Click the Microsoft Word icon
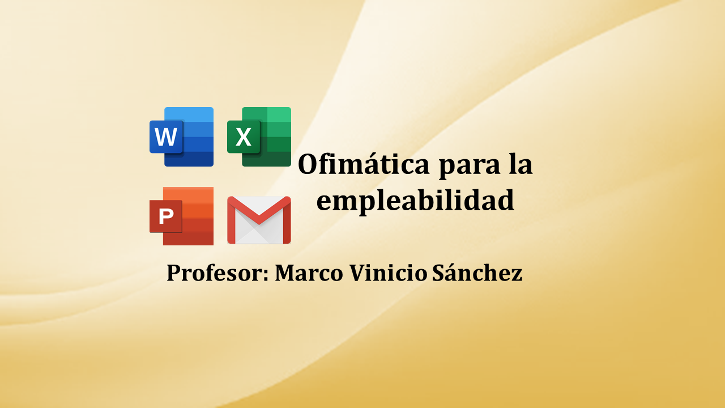pos(182,137)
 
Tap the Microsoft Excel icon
pos(259,137)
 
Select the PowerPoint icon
pos(182,216)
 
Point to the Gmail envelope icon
pos(259,220)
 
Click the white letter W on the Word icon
pos(166,137)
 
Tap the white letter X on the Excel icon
pos(244,137)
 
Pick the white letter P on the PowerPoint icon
pos(166,216)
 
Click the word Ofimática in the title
pos(364,164)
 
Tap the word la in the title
pos(521,164)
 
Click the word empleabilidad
pos(415,201)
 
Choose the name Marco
pos(309,273)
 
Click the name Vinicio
pos(389,273)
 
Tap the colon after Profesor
pos(266,275)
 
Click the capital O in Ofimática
pos(309,164)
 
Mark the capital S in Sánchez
pos(438,273)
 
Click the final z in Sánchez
pos(516,275)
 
